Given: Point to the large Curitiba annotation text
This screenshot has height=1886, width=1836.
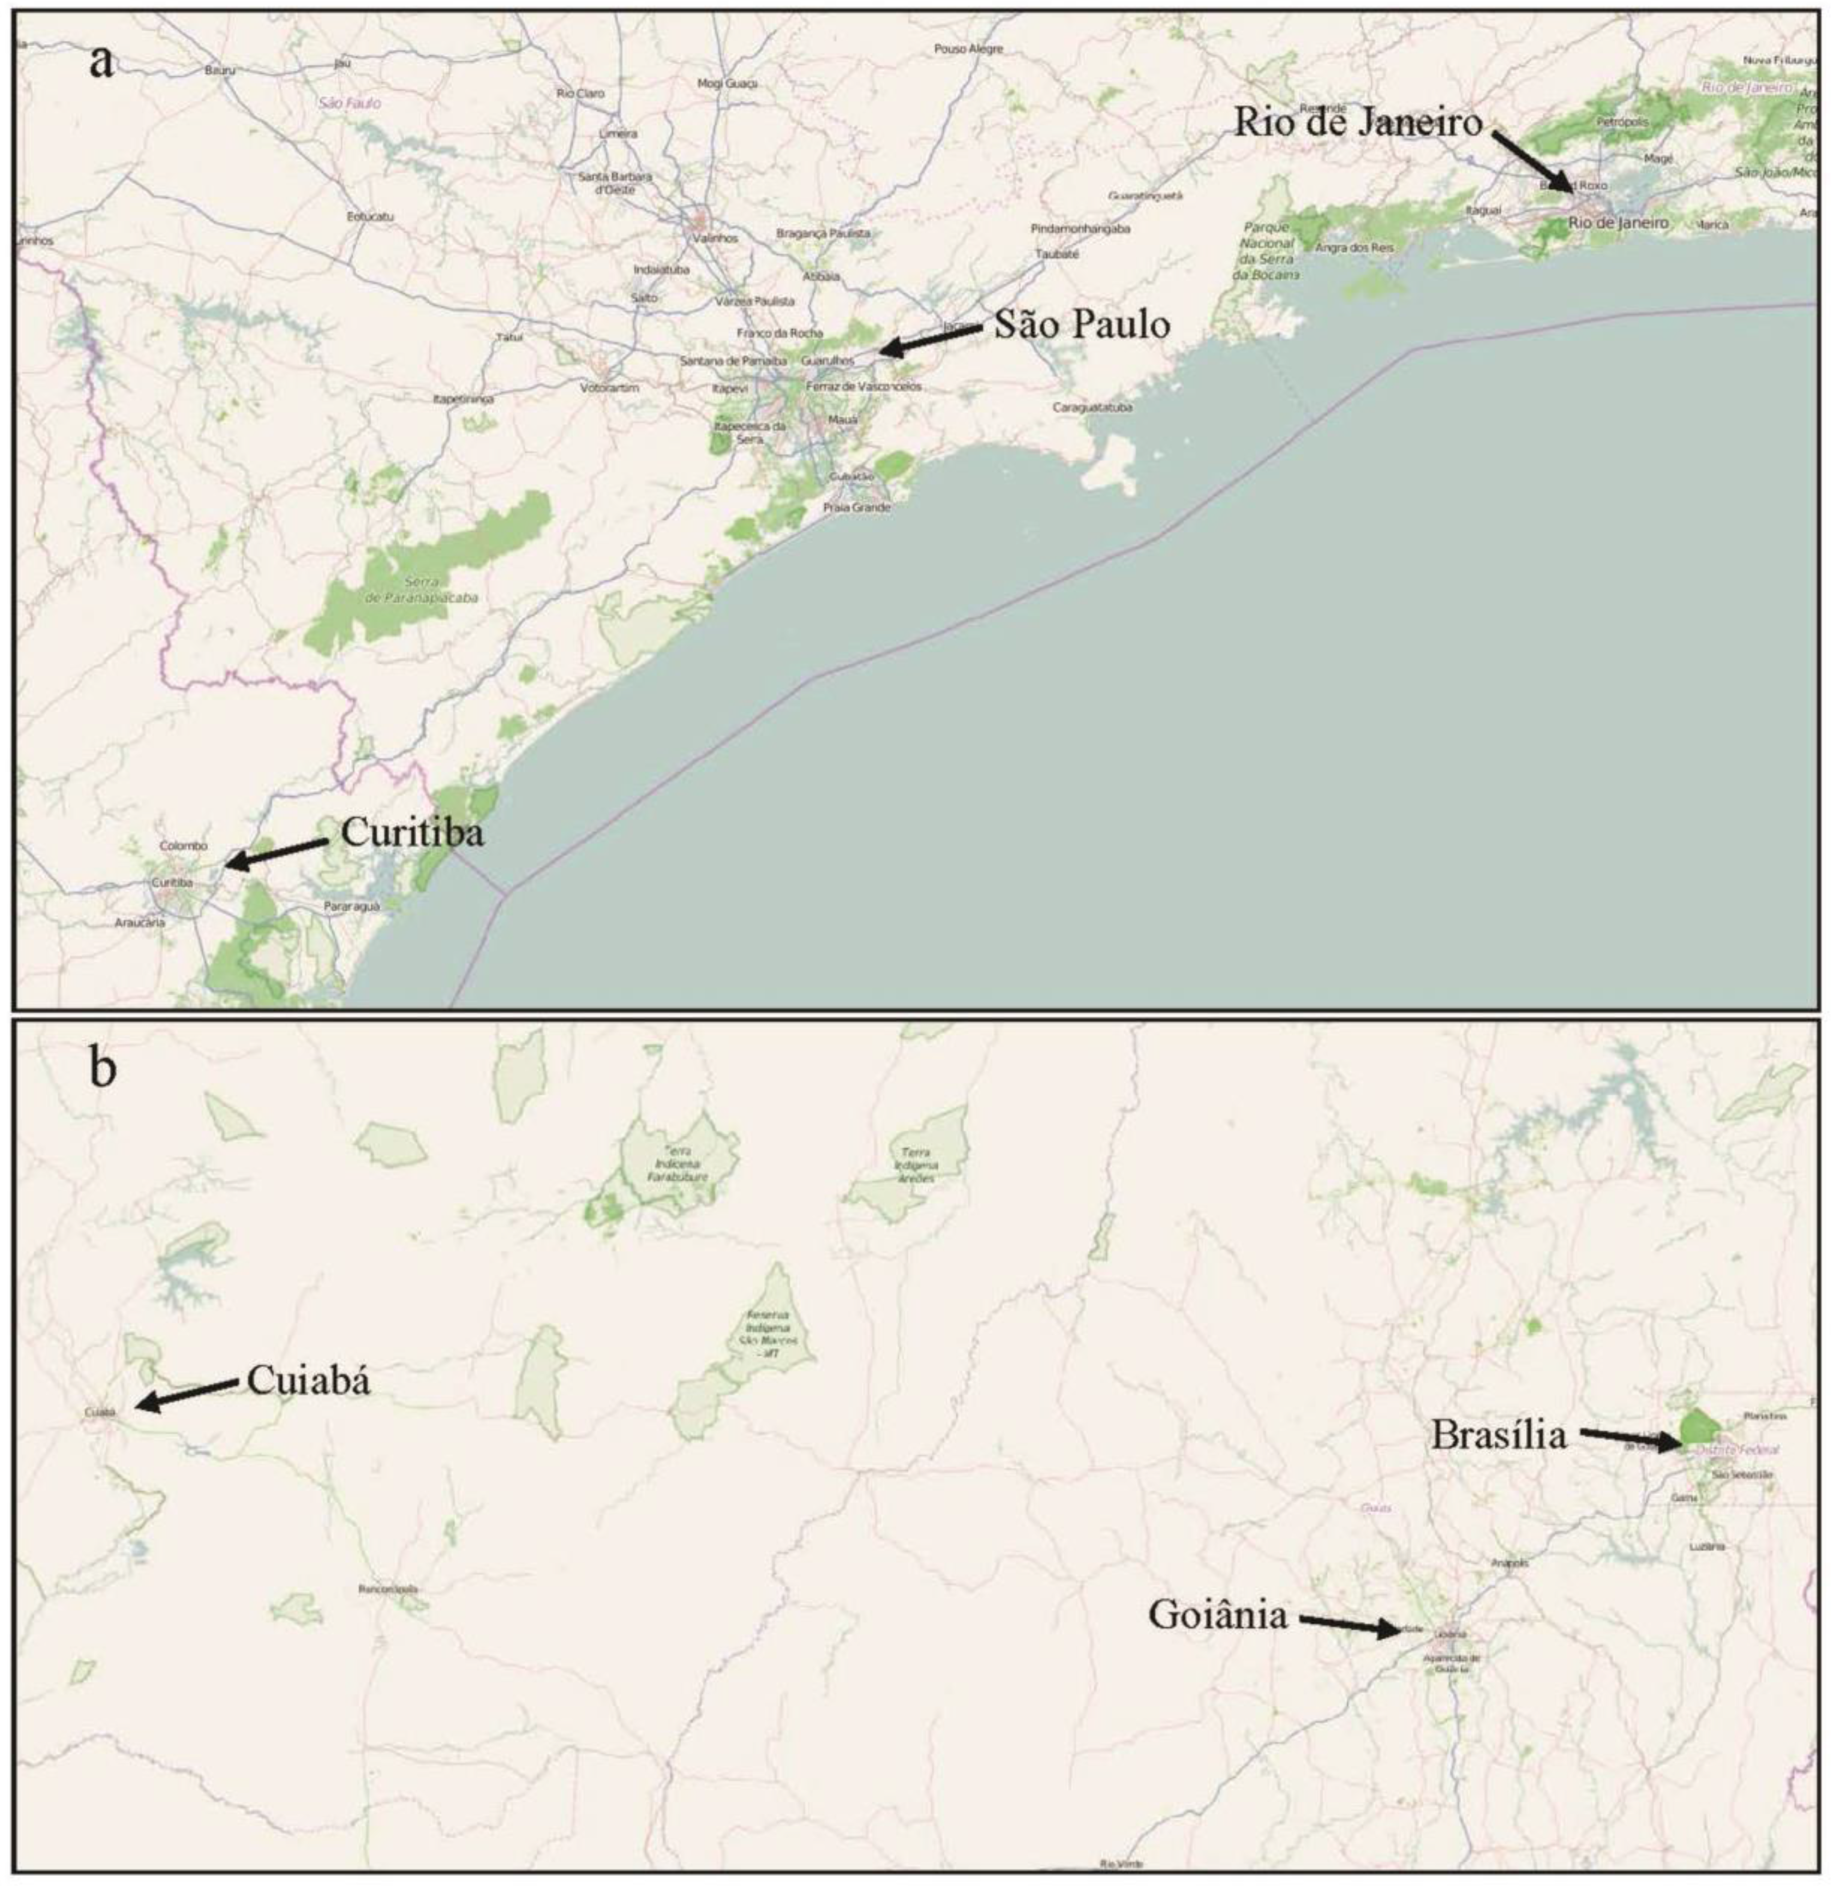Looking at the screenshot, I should click(413, 832).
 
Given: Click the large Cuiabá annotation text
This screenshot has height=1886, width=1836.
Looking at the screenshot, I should click(309, 1381).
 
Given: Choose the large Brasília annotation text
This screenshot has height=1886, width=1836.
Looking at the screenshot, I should click(1498, 1436).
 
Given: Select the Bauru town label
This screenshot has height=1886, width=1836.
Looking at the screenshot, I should click(220, 69).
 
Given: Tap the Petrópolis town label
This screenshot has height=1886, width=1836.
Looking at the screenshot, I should click(1622, 123).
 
